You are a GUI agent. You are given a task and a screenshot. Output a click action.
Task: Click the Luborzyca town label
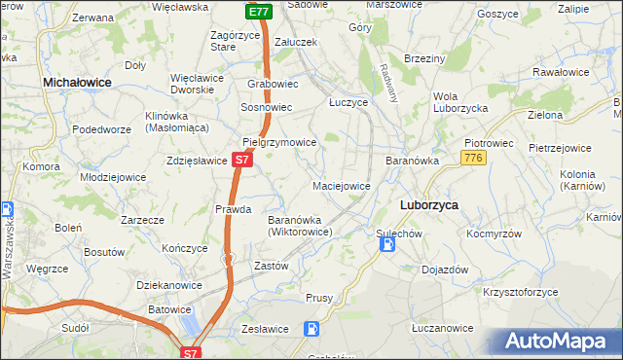pyautogui.click(x=429, y=205)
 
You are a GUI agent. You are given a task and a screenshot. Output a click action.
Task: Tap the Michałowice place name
pyautogui.click(x=77, y=85)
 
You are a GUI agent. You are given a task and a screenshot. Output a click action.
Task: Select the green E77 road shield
pyautogui.click(x=258, y=12)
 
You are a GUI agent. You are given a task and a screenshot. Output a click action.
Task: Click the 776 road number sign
pyautogui.click(x=474, y=158)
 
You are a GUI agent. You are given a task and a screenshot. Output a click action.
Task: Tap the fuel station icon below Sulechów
pyautogui.click(x=386, y=245)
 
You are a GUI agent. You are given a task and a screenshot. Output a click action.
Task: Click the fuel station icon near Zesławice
pyautogui.click(x=311, y=329)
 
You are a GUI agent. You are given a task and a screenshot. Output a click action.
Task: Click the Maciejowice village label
pyautogui.click(x=341, y=185)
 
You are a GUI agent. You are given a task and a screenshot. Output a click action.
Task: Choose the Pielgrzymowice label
pyautogui.click(x=279, y=142)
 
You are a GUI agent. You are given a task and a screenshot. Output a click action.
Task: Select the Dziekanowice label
pyautogui.click(x=169, y=285)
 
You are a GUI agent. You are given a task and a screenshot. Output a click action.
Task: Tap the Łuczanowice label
pyautogui.click(x=442, y=329)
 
